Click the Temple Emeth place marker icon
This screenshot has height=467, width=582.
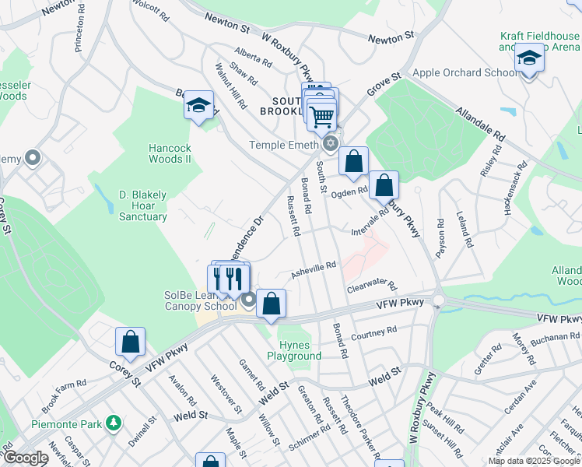pos(331,143)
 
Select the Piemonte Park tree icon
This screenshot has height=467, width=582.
pos(114,423)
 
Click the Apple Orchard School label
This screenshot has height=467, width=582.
pos(464,73)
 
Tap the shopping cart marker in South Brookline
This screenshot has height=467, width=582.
pos(321,117)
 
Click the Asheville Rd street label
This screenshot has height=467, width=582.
pos(314,269)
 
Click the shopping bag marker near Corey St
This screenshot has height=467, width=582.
pos(130,342)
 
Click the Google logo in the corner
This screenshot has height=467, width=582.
pos(25,458)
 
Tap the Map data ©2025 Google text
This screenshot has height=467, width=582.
pos(535,460)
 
